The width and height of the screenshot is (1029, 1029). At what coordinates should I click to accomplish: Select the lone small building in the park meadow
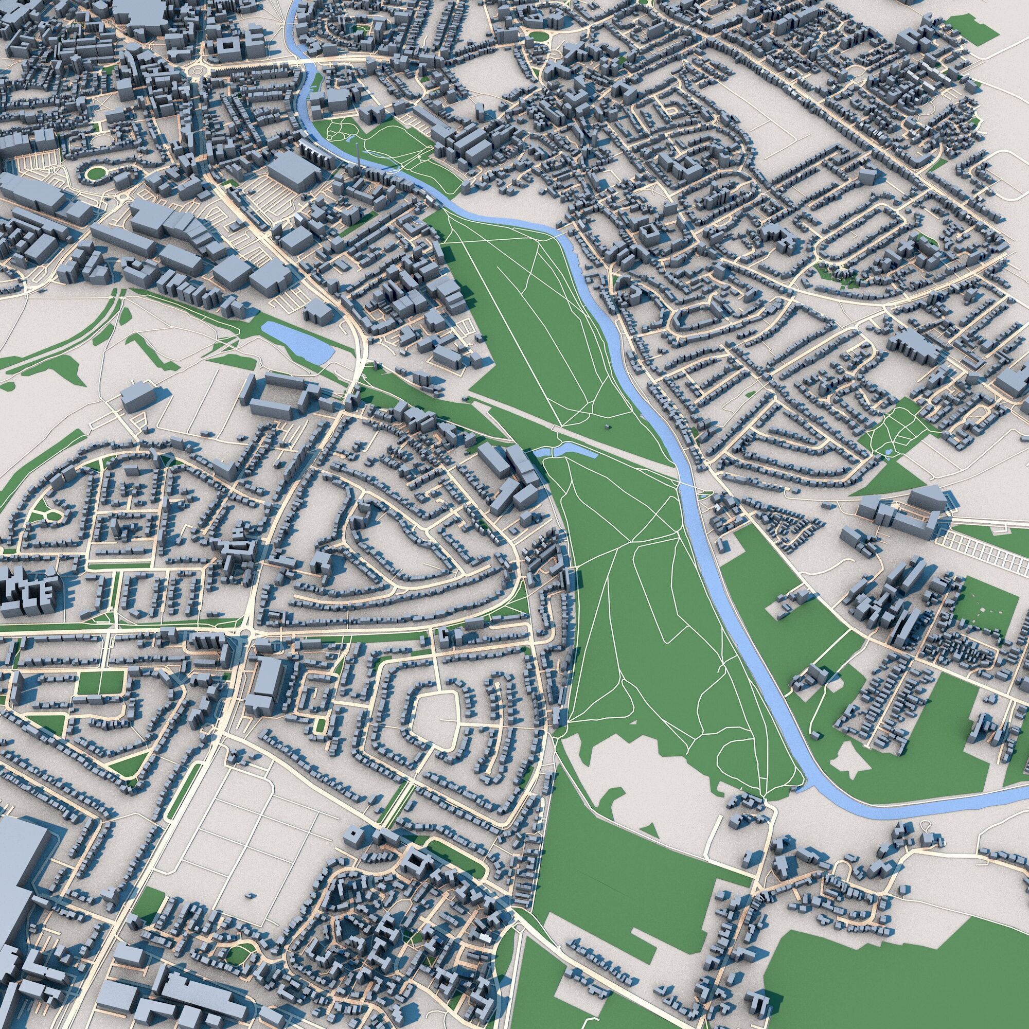pyautogui.click(x=606, y=427)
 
